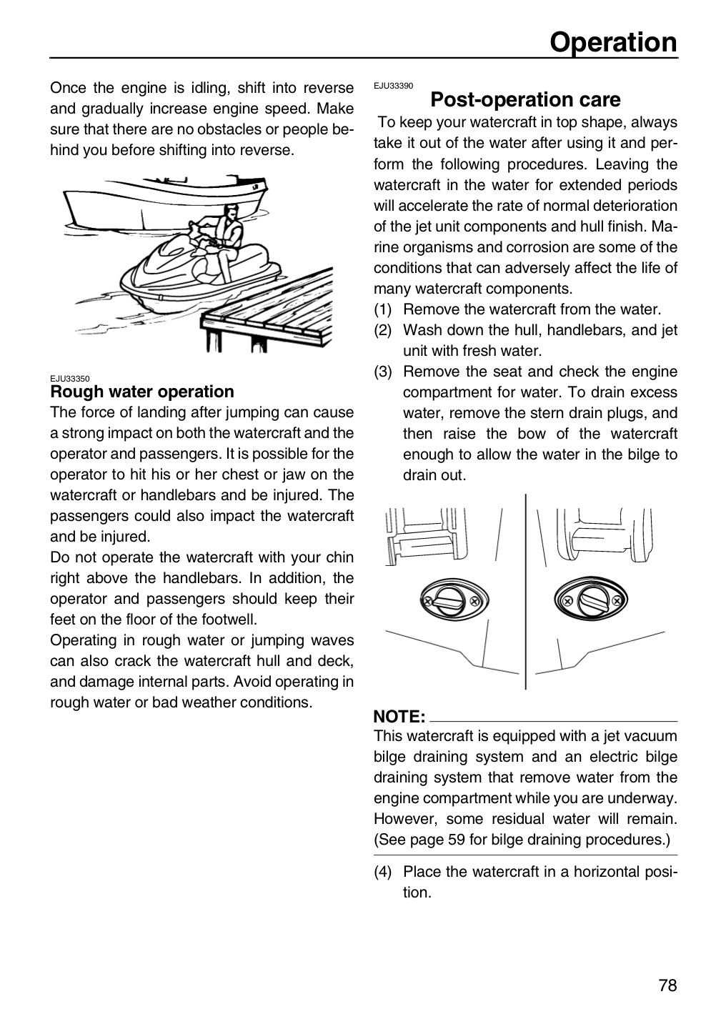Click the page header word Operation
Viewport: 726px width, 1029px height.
pyautogui.click(x=613, y=42)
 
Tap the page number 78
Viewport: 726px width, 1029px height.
pyautogui.click(x=667, y=985)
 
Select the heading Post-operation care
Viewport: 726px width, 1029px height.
pyautogui.click(x=525, y=100)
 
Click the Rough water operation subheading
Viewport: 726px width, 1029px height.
pyautogui.click(x=142, y=392)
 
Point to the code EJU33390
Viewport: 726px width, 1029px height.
pyautogui.click(x=393, y=86)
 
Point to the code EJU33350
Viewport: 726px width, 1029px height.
pyautogui.click(x=70, y=379)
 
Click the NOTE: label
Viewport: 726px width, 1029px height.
pyautogui.click(x=399, y=717)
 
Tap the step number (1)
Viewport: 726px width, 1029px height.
pyautogui.click(x=382, y=309)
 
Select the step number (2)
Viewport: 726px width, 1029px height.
pyautogui.click(x=382, y=330)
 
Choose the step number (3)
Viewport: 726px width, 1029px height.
pyautogui.click(x=382, y=372)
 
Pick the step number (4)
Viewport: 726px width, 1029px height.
pyautogui.click(x=382, y=872)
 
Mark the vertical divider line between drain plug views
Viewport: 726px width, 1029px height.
pyautogui.click(x=525, y=592)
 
